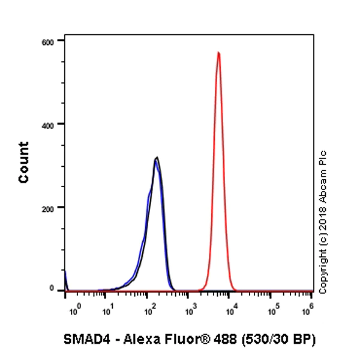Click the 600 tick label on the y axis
tap(48, 41)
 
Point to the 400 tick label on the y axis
tap(48, 124)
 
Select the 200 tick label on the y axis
tap(48, 208)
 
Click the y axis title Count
tap(24, 162)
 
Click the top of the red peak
tap(218, 53)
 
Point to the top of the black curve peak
tap(157, 158)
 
